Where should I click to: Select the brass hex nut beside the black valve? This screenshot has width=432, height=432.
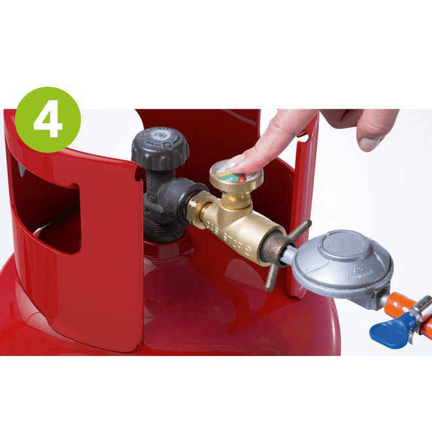[x=196, y=207]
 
